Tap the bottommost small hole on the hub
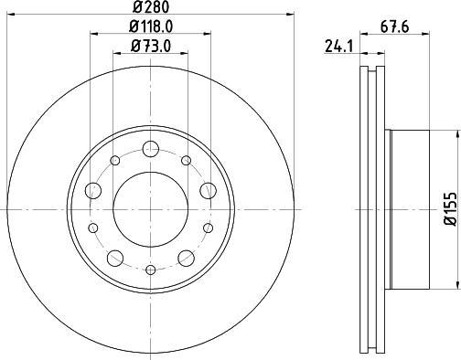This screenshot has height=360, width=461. point(150,269)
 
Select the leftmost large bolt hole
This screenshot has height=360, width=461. point(93,190)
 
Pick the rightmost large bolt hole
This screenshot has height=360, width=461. point(208,190)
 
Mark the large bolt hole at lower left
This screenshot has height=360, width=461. point(115,257)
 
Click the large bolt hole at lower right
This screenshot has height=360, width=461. point(186,257)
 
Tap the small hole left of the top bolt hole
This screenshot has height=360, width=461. point(115,161)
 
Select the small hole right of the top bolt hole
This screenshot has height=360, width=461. point(186,161)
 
